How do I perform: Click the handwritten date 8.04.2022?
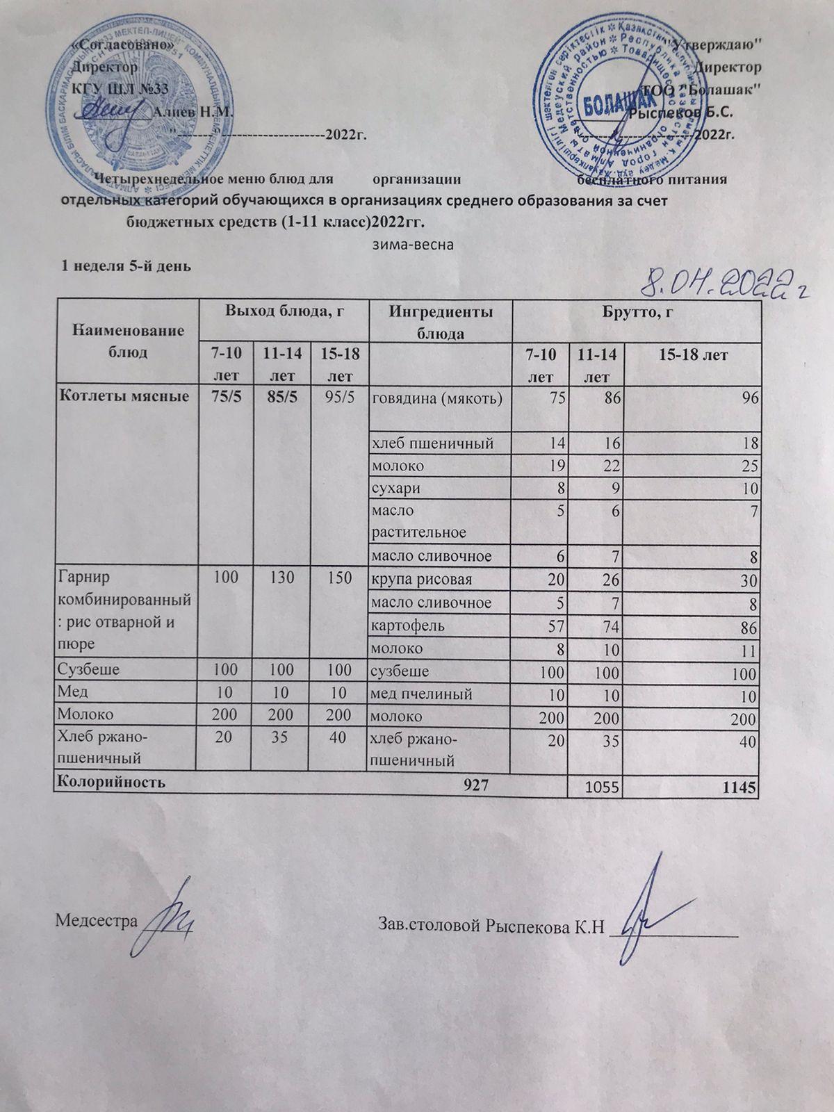click(x=723, y=282)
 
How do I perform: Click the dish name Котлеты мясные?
click(x=123, y=398)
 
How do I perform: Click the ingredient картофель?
click(x=408, y=625)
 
